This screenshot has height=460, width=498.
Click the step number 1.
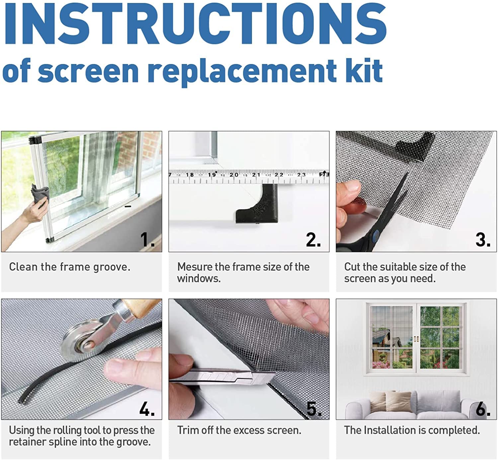(147, 239)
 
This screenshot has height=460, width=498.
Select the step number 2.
(313, 239)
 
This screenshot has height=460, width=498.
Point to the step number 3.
(483, 239)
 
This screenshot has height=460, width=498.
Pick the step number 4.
(147, 409)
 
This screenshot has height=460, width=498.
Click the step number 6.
(483, 409)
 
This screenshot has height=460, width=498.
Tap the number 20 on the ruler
(234, 175)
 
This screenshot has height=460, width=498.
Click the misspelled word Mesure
(194, 267)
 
